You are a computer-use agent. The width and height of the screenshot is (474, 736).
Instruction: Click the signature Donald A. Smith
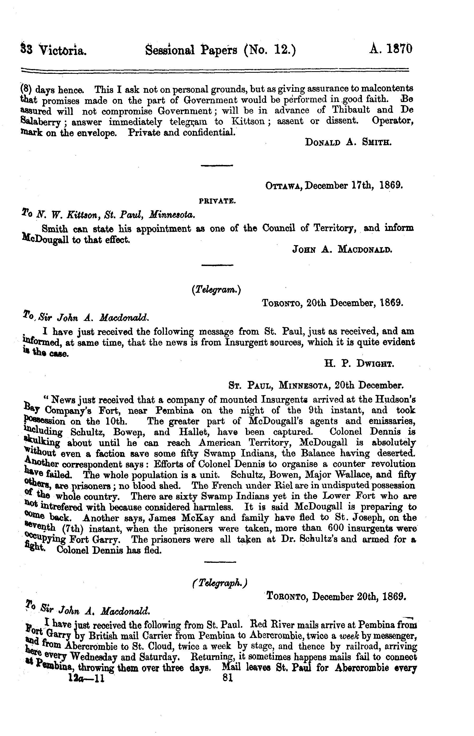pyautogui.click(x=348, y=143)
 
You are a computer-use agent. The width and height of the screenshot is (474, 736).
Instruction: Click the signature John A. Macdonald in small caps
pyautogui.click(x=342, y=250)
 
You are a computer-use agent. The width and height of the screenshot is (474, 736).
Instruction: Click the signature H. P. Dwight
pyautogui.click(x=359, y=364)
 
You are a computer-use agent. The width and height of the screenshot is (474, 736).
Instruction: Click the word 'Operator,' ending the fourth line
pyautogui.click(x=392, y=121)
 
